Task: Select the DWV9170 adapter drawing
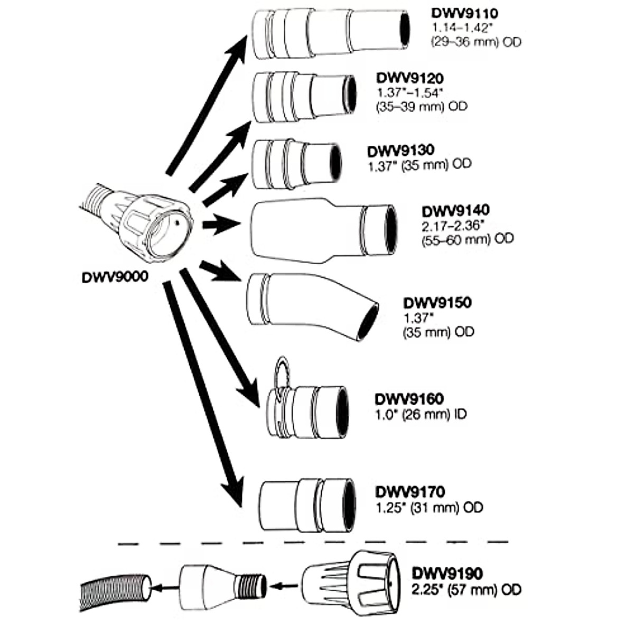coord(307,505)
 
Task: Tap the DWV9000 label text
coord(115,276)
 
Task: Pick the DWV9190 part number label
coord(448,573)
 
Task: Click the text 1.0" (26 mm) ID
coord(421,414)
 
